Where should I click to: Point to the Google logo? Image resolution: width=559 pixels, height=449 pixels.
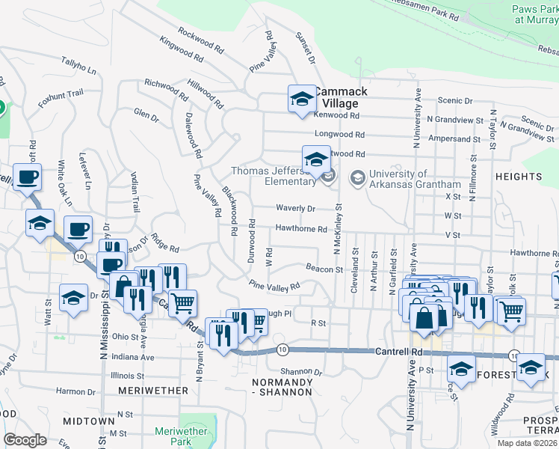[x=25, y=440]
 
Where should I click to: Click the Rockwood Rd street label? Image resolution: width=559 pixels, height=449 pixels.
[x=201, y=40]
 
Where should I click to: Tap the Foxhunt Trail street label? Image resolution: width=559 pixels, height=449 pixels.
[x=61, y=95]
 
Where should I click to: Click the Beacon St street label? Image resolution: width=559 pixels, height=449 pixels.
[x=324, y=269]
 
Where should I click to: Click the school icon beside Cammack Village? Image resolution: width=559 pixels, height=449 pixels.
[x=302, y=98]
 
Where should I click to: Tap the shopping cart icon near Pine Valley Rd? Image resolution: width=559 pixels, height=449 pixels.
[x=182, y=303]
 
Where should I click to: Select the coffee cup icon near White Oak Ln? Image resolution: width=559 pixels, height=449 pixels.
[x=28, y=178]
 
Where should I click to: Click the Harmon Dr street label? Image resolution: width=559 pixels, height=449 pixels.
[x=70, y=391]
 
